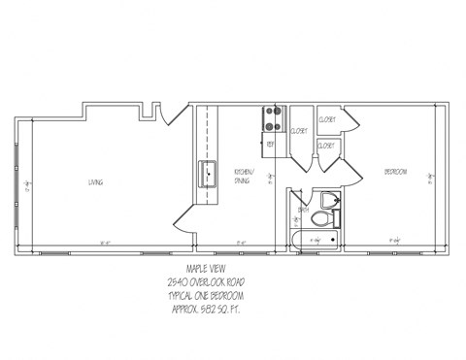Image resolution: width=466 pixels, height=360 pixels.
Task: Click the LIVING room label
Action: tap(95, 182)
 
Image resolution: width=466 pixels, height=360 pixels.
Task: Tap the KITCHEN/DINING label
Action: tap(242, 176)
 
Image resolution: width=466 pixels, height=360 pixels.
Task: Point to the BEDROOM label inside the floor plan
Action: tap(395, 172)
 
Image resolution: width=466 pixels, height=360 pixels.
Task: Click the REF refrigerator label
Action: tap(271, 144)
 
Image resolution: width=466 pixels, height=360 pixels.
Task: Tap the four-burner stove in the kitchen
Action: tap(272, 117)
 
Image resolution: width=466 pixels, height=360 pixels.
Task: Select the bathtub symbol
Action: tap(313, 239)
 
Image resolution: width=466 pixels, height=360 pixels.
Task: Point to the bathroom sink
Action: tap(331, 200)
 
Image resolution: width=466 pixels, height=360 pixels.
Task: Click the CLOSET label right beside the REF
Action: tap(299, 131)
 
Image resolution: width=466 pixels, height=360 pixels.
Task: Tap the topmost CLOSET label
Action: tap(326, 119)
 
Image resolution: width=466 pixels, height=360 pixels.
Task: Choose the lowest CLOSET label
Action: tap(326, 146)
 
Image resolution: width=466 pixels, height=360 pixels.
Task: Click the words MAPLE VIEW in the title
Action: tap(205, 272)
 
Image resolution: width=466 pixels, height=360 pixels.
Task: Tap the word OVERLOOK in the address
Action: tap(210, 283)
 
